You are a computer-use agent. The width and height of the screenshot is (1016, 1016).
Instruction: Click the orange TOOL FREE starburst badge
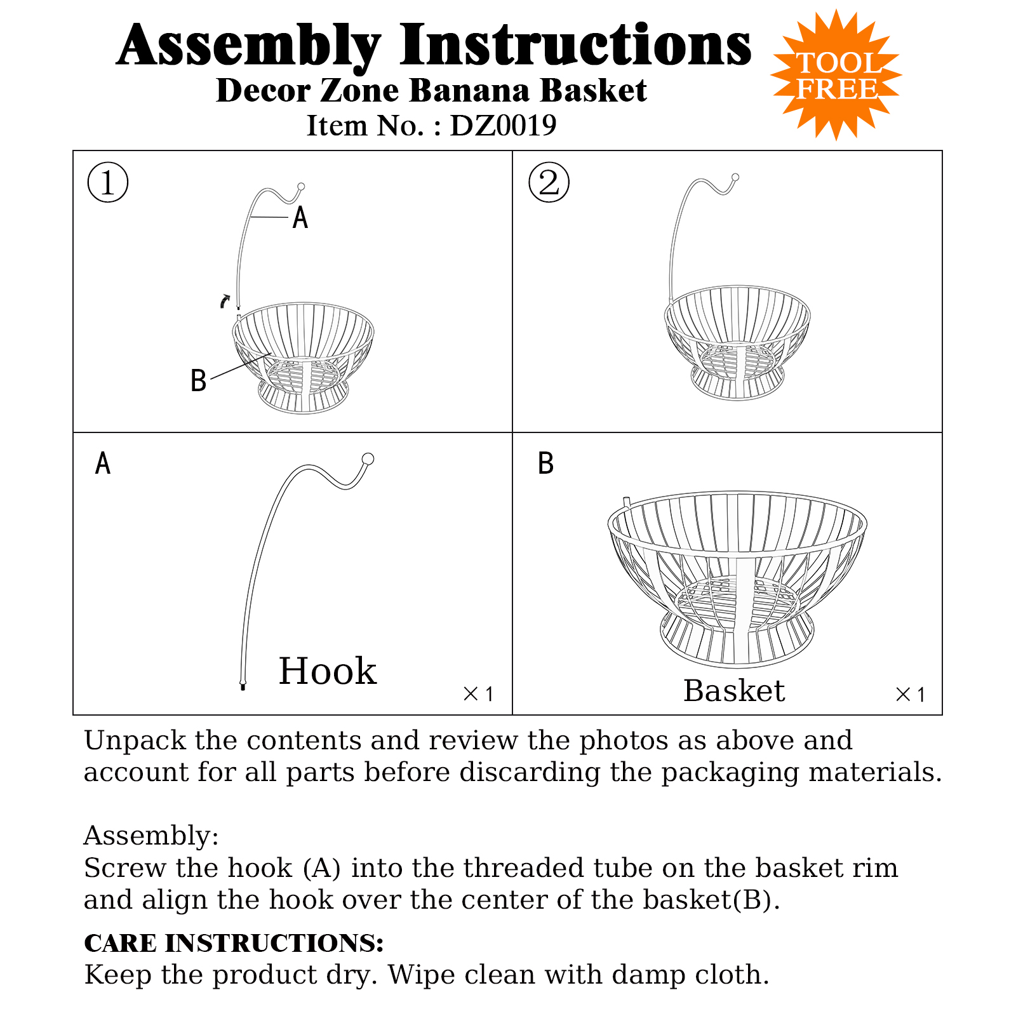click(x=836, y=76)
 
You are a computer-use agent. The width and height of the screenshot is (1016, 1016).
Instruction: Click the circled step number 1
click(x=108, y=183)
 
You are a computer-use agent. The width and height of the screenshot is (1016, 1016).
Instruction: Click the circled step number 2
click(x=549, y=183)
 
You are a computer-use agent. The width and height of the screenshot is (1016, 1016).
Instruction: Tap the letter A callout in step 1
click(x=300, y=218)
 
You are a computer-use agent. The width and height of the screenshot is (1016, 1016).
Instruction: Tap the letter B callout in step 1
click(x=198, y=381)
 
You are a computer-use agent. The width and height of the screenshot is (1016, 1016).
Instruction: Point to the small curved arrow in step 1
click(x=225, y=301)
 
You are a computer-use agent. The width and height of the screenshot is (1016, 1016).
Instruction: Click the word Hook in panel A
click(x=328, y=671)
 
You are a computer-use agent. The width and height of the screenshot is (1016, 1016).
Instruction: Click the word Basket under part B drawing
click(x=734, y=691)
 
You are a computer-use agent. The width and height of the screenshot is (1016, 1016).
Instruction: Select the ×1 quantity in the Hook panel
click(x=478, y=694)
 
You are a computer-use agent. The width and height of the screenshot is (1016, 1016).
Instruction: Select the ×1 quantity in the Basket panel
click(x=910, y=695)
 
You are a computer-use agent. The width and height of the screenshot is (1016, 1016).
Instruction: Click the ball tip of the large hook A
click(x=368, y=459)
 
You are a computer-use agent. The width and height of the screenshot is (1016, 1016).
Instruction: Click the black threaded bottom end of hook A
click(x=243, y=686)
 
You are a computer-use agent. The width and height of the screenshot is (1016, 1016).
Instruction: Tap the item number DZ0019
click(x=503, y=126)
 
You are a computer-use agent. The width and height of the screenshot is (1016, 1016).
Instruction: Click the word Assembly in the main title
click(x=249, y=46)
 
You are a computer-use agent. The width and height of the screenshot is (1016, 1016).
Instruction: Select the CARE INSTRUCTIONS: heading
click(x=234, y=943)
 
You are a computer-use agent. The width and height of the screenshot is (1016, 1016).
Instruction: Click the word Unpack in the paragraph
click(x=135, y=741)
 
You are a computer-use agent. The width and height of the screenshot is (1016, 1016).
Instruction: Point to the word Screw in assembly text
click(x=124, y=868)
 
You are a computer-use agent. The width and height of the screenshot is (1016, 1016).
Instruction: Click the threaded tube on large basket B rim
click(x=627, y=502)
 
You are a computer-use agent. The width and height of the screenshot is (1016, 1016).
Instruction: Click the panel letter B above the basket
click(x=545, y=464)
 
